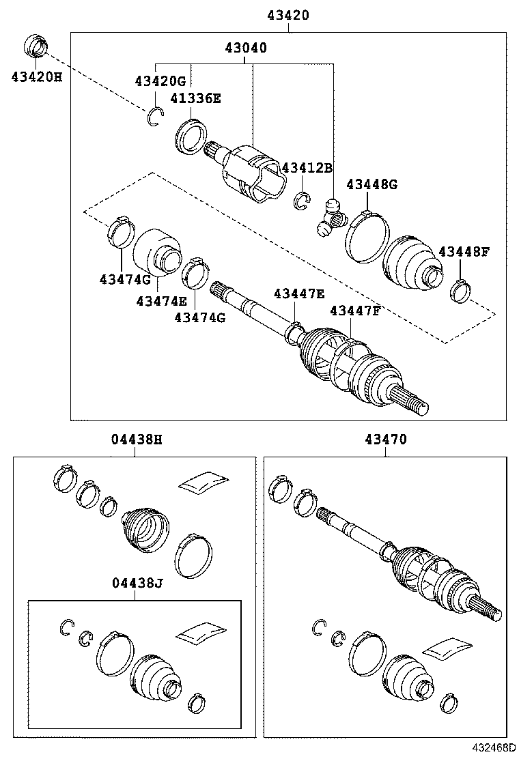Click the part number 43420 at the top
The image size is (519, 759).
(290, 15)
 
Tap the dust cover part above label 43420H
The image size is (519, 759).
(36, 46)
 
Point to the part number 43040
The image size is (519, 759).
(246, 48)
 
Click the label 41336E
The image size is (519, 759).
(195, 98)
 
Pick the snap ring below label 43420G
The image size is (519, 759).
(155, 118)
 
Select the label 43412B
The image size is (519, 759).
(307, 168)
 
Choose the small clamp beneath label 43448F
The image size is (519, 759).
(460, 291)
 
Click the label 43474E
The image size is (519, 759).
(160, 300)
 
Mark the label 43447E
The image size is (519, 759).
(299, 293)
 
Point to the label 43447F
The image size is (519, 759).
(354, 311)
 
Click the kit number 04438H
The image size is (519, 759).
(137, 440)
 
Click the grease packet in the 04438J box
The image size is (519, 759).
(201, 633)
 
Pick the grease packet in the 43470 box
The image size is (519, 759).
(447, 648)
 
